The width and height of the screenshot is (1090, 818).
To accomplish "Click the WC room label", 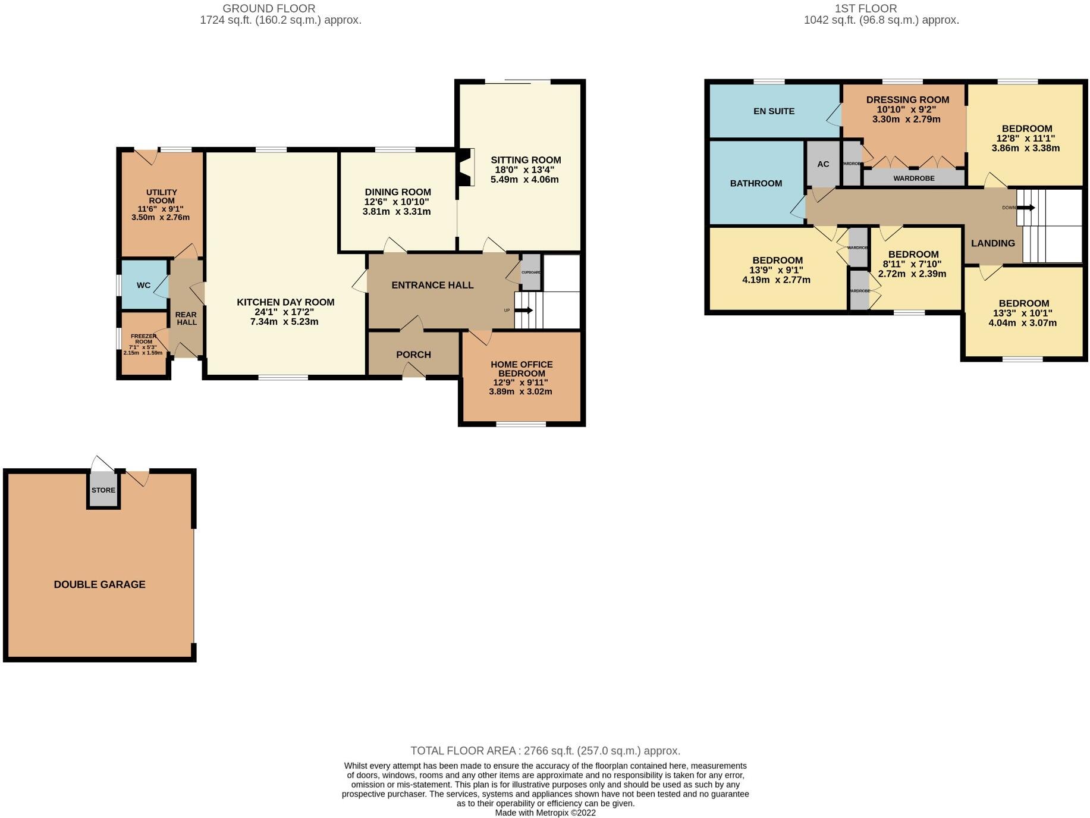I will coord(143,285).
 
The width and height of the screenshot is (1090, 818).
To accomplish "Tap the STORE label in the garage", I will coord(103,490).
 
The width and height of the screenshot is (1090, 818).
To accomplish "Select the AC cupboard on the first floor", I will coord(823,164).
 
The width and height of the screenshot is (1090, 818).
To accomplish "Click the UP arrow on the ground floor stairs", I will coord(524,310).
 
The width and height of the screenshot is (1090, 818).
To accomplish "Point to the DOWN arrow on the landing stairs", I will coord(1026,208).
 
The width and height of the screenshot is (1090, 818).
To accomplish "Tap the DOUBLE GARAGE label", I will coord(99,584).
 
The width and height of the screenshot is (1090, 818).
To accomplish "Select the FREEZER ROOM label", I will coord(143,339).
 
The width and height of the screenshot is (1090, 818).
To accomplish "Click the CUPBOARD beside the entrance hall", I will coord(531,272).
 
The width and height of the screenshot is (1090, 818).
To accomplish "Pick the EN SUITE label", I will coord(774,111).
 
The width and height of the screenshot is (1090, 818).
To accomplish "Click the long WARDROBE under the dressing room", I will coord(913,178).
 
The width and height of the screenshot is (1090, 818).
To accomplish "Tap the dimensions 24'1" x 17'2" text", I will coord(284,312).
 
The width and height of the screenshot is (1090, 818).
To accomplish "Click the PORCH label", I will coord(413,355).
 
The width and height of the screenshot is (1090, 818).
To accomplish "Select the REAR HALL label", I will coord(186,318).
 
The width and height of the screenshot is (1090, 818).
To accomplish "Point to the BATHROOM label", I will coord(756,183).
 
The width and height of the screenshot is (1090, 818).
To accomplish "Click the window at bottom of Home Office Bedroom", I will coord(521,424).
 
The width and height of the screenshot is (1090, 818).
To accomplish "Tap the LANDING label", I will coord(992,243).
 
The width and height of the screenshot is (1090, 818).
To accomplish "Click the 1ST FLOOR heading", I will coord(865,8).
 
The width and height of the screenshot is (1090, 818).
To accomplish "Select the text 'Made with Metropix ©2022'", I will coord(545,813).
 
